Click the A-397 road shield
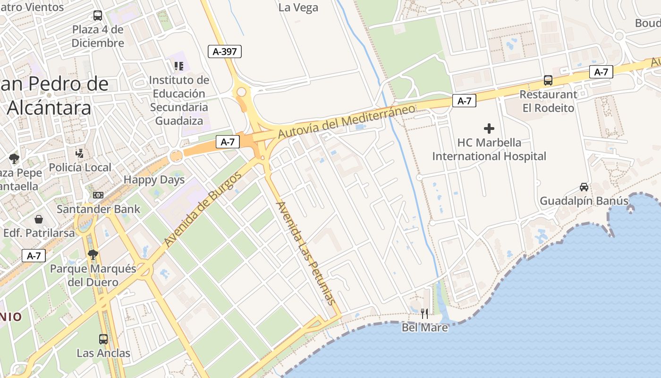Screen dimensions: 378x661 tap(225, 52)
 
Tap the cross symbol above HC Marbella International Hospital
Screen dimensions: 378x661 tap(489, 128)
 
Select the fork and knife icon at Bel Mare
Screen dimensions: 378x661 tap(424, 313)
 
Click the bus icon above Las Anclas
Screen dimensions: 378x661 tap(103, 339)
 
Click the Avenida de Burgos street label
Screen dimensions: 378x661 tap(203, 209)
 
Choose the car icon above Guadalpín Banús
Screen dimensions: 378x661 tap(584, 187)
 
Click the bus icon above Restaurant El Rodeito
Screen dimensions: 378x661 tap(548, 80)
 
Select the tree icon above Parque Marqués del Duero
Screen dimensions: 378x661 tap(93, 255)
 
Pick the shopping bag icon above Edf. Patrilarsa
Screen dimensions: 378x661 tap(39, 219)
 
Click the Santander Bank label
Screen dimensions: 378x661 tap(99, 209)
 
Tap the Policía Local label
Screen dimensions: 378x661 tap(80, 167)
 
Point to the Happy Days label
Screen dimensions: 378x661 tap(154, 180)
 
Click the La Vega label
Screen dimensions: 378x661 tap(298, 8)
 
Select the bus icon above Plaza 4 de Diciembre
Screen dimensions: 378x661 tap(98, 16)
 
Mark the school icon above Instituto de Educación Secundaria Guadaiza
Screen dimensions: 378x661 tap(178, 66)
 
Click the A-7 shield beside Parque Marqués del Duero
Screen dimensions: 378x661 tap(34, 256)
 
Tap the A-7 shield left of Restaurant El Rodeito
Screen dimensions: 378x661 tap(464, 101)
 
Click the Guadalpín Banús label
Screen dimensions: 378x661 tap(584, 201)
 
